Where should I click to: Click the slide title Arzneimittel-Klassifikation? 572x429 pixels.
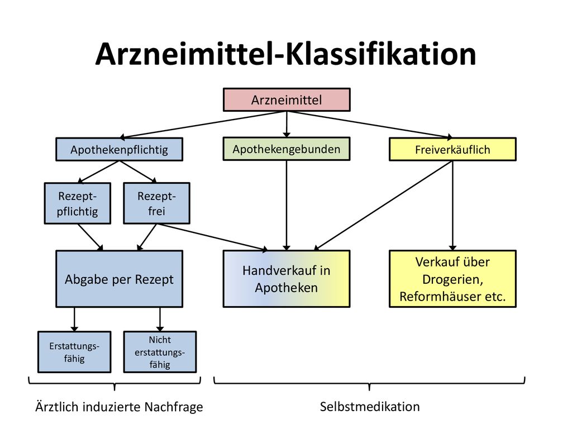coord(285,54)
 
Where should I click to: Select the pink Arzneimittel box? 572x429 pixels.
coord(287,99)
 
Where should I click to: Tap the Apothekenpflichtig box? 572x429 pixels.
coord(120,150)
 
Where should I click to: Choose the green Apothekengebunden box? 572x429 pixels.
coord(287,149)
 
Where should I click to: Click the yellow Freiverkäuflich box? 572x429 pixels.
coord(452,149)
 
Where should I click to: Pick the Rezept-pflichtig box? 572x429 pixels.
coord(77,203)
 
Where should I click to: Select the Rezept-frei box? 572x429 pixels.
coord(156,203)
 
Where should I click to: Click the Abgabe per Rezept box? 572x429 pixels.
coord(120,279)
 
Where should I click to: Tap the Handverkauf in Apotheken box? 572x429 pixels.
coord(287,279)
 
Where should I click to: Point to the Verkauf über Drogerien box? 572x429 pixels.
coord(452,279)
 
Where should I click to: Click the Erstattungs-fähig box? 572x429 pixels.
coord(74,352)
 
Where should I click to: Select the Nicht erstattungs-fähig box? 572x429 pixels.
coord(160,352)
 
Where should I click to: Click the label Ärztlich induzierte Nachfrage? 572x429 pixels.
coord(120,407)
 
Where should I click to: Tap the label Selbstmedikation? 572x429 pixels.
coord(370,407)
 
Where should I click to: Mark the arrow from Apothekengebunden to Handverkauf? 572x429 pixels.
coord(287,206)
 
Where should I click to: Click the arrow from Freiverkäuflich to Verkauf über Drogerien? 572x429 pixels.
coord(452,206)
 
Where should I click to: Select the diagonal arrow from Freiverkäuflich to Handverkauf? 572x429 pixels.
coord(383,206)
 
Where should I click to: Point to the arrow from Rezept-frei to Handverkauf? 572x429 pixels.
coord(212,237)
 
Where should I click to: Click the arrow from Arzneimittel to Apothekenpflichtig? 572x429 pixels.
coord(203,125)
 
